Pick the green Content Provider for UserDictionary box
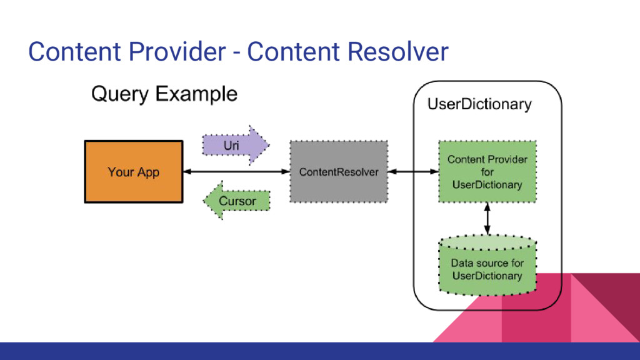tap(487, 172)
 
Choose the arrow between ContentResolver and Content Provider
tap(412, 172)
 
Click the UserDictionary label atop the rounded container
tap(479, 104)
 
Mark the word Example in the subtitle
tap(197, 95)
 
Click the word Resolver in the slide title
tap(397, 51)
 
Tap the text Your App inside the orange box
tap(134, 172)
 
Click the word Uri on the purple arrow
tap(231, 146)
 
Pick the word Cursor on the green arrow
tap(237, 201)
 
